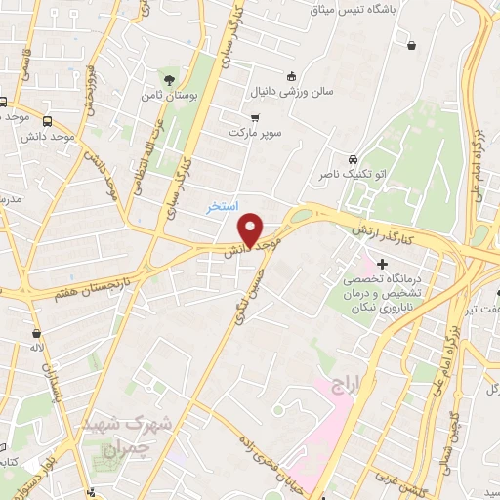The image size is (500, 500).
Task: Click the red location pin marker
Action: (251, 229)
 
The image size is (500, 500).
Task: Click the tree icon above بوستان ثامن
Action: (171, 79)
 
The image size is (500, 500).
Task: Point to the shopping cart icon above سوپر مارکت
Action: (255, 117)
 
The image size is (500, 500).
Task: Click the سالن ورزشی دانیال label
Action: (304, 93)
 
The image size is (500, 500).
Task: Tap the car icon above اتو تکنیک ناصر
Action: (353, 159)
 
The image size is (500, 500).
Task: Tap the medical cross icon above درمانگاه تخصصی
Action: (381, 263)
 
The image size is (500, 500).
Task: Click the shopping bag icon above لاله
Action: (36, 332)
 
